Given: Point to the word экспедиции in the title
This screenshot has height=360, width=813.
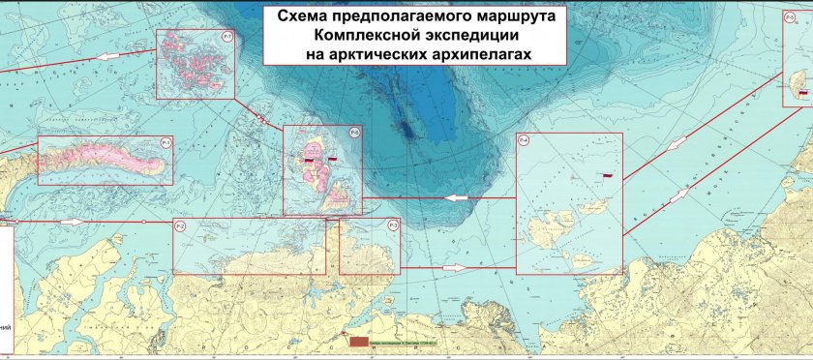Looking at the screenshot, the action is coord(455,34).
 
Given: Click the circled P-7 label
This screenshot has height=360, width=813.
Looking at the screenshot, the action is coord(226,37).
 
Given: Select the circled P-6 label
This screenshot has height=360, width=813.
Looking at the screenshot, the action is coord(354,134).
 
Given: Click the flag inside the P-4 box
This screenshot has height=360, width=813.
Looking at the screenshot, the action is coord(608,175).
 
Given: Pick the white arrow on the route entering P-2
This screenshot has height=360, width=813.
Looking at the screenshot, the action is coord(72,222).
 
